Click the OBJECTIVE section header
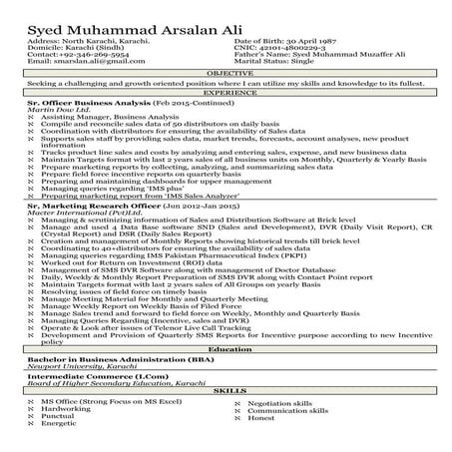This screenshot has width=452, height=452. (226, 74)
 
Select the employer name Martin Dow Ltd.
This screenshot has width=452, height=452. (54, 109)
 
